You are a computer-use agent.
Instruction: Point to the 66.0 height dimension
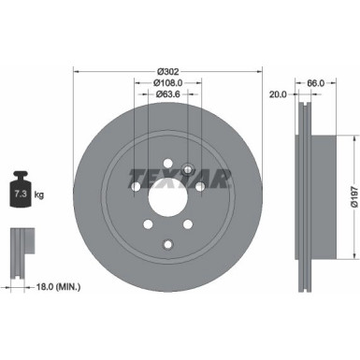[315, 83]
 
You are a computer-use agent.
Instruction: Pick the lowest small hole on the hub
[168, 245]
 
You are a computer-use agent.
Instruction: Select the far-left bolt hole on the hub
[136, 187]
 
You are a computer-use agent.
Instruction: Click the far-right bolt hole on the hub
[201, 187]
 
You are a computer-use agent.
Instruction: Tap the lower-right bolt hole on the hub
[190, 224]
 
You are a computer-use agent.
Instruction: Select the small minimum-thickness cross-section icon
[18, 245]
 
